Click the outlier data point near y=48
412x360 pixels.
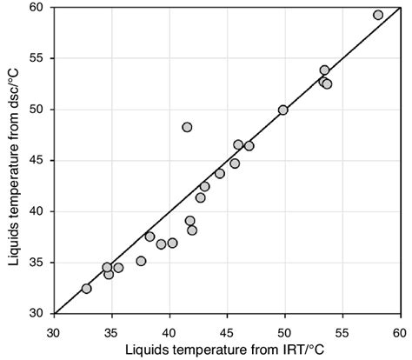click(187, 127)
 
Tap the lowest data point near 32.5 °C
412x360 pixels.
click(86, 288)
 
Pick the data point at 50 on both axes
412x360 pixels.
click(283, 110)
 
